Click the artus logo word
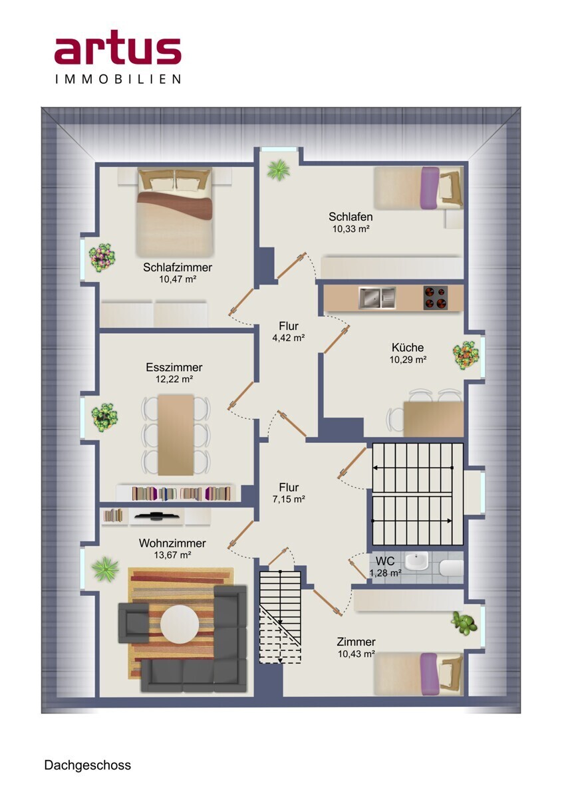coord(118,47)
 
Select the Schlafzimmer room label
coord(178,267)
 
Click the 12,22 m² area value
coord(174,379)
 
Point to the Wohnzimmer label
coord(172,543)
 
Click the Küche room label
coord(408,347)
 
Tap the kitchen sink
coord(377,298)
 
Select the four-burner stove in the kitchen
coord(436,298)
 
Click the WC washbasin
coord(418,561)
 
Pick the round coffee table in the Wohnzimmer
coord(180,624)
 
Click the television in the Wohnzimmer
coord(156,515)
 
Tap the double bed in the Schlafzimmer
coord(174,212)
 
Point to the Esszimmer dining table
coord(176,435)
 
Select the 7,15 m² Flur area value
coord(289,499)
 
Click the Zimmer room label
coord(356,642)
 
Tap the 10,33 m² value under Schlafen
coord(351,229)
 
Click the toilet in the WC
coord(452,568)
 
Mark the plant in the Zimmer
coord(464,622)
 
